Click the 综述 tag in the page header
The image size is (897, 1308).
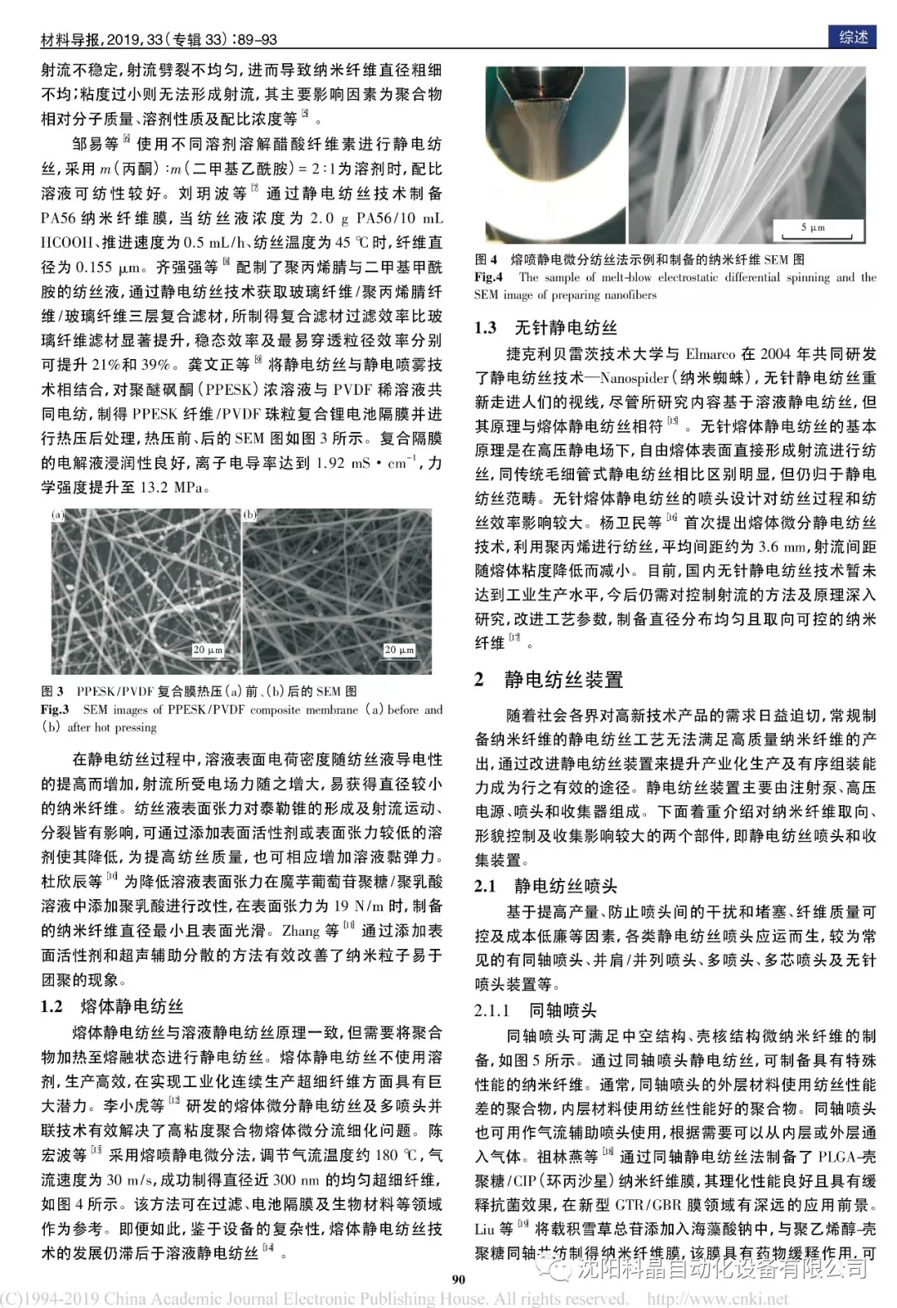pos(853,37)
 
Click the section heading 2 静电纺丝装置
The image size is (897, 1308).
pos(548,680)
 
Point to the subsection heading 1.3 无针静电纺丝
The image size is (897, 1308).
pos(546,327)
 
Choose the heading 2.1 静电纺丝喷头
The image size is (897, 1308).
pos(546,886)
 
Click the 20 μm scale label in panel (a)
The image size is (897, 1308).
pos(207,650)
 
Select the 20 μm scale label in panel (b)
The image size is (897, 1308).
pos(399,650)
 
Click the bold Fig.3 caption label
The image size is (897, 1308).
pos(55,710)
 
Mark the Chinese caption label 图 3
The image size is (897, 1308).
pos(52,691)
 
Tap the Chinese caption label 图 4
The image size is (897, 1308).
pos(486,259)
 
